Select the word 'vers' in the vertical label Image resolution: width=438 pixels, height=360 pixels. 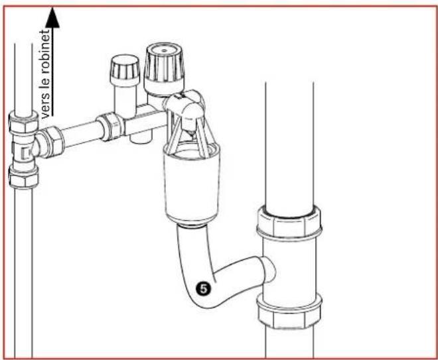coord(46,106)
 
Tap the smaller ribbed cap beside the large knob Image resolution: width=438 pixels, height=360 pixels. coord(124,68)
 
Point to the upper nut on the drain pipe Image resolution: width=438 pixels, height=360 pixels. coord(289,223)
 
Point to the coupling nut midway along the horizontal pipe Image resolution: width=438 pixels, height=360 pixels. coord(110,127)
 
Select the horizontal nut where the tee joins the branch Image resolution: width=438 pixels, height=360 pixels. coord(50,142)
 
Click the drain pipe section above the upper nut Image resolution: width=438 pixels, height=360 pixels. coord(289,139)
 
